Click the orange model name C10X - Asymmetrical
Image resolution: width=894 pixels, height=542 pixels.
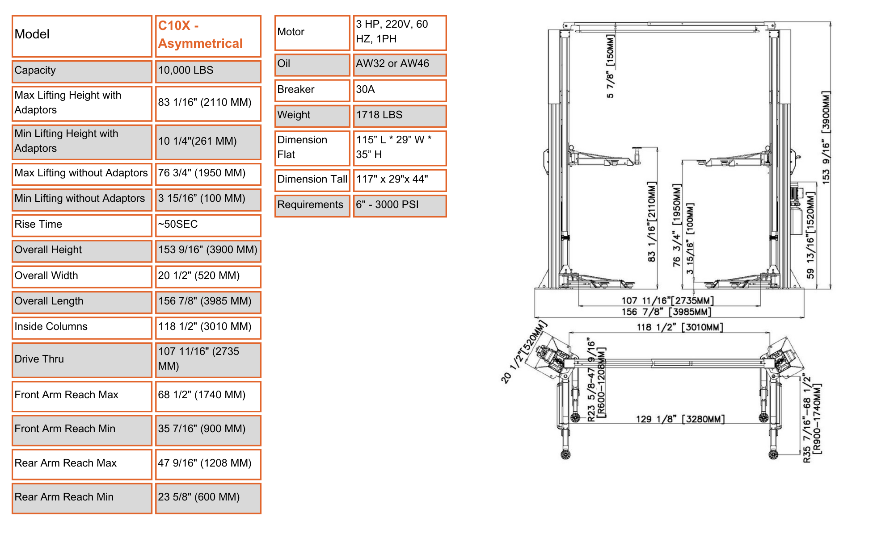pos(200,35)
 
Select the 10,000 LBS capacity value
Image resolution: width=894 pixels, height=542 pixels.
pos(186,71)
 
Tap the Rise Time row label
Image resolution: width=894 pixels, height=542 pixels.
pos(38,224)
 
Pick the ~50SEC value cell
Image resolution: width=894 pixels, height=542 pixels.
pos(178,224)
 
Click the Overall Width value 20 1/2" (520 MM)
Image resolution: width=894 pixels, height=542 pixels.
pos(198,275)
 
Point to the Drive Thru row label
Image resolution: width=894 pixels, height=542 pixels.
pos(39,359)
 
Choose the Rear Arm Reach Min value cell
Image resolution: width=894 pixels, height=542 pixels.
pos(198,497)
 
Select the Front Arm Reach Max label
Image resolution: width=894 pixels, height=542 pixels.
pos(66,395)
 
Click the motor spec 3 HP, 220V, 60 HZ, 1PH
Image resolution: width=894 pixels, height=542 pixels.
pos(392,32)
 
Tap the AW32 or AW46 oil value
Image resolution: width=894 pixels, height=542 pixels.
pos(392,63)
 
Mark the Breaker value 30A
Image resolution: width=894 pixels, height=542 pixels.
pos(365,89)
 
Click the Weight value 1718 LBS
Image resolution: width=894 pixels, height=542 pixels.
pos(379,115)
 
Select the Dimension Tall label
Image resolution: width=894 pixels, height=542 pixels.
pos(312,179)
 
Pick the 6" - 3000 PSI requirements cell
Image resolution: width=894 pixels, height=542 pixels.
pos(387,204)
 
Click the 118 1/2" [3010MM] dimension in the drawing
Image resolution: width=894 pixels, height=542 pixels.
pos(679,327)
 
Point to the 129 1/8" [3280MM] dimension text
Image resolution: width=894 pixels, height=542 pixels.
pos(680,419)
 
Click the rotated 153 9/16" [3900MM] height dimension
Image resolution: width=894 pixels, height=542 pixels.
pos(826,137)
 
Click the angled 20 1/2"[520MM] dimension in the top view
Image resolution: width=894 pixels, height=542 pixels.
pos(523,352)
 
